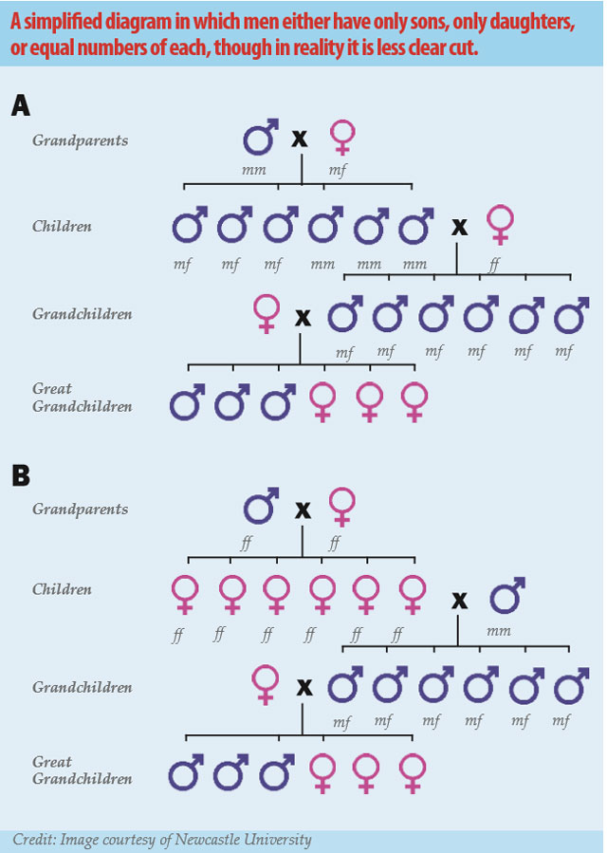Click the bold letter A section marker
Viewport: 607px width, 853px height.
coord(21,105)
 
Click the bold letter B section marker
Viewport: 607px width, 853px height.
coord(21,474)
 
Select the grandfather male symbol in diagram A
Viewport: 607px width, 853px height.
coord(261,138)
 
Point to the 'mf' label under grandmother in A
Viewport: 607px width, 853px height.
coord(338,171)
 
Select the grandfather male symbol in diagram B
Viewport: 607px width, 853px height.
coord(261,507)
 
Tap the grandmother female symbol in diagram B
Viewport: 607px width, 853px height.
coord(342,508)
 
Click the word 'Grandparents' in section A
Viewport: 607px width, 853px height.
coord(80,140)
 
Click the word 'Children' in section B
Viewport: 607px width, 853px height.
coord(62,589)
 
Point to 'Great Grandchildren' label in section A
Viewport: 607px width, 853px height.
coord(82,398)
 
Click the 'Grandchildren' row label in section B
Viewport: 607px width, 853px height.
coord(82,687)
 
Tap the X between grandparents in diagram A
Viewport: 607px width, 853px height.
coord(300,139)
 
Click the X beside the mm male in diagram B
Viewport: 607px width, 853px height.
coord(460,600)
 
